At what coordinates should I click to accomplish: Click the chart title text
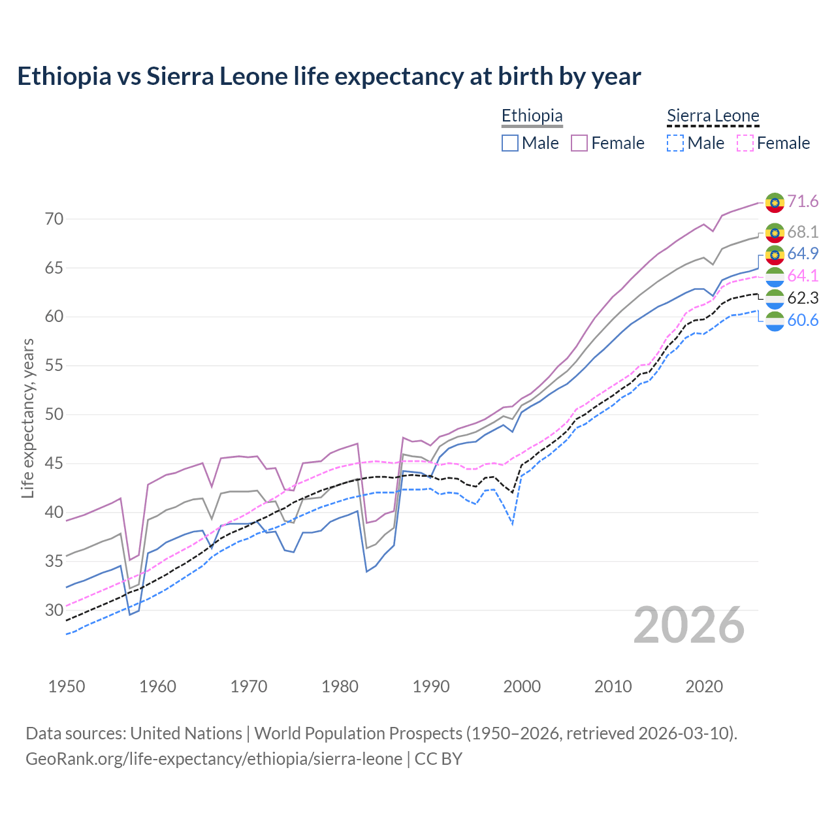coord(329,76)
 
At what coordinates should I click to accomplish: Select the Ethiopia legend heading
coord(532,116)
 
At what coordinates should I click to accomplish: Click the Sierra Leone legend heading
coord(713,116)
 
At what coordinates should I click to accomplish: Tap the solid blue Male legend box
coord(510,143)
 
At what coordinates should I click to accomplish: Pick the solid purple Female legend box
coord(579,143)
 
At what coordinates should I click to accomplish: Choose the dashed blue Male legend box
coord(675,143)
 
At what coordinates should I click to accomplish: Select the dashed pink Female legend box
coord(745,143)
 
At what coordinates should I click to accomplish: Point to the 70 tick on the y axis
coord(54,219)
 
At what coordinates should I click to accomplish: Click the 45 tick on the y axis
coord(54,464)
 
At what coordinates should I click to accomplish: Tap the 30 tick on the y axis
coord(54,610)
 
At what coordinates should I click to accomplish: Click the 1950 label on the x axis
coord(67,686)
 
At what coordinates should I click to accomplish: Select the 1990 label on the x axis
coord(431,686)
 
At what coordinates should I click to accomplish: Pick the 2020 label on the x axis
coord(704,686)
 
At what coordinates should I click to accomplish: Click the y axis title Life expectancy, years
coord(28,418)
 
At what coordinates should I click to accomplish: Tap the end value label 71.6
coord(803,202)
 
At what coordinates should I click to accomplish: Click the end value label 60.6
coord(803,321)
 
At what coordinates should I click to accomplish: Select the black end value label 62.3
coord(803,298)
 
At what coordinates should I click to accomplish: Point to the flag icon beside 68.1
coord(775,233)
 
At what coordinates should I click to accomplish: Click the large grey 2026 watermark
coord(689,626)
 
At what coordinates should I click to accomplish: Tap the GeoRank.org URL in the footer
coord(214,759)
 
